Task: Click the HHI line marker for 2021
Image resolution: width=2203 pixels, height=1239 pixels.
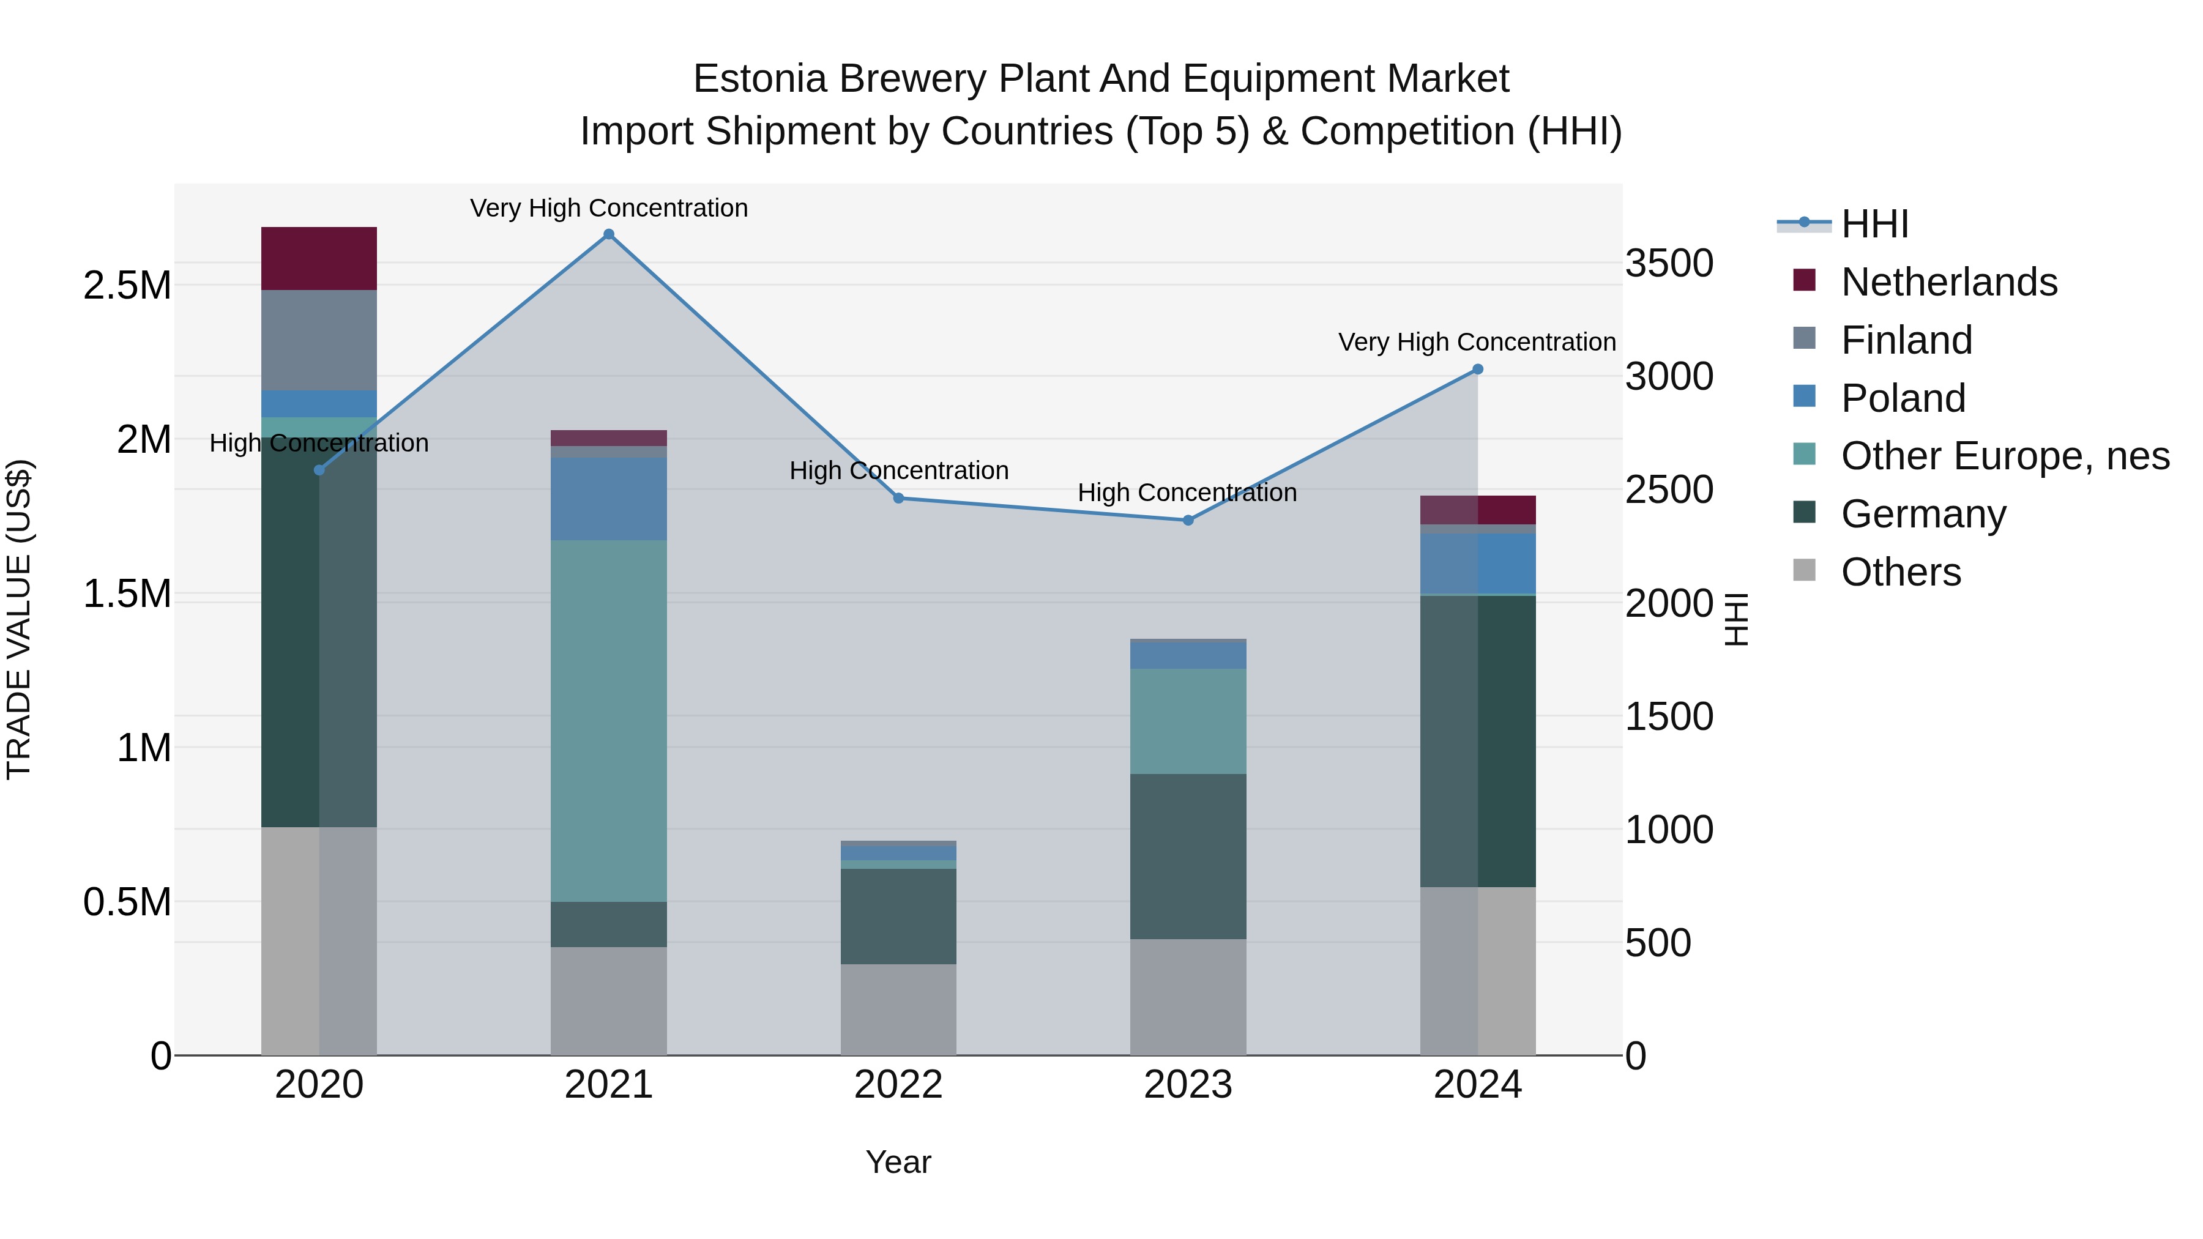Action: pyautogui.click(x=609, y=234)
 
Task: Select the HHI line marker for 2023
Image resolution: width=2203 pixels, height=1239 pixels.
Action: pyautogui.click(x=1188, y=520)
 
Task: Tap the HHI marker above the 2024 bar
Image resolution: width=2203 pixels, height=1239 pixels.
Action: pyautogui.click(x=1477, y=370)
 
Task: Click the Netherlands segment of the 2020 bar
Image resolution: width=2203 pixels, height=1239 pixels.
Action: pyautogui.click(x=319, y=258)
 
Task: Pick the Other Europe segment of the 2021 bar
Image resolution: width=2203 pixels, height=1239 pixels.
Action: pyautogui.click(x=609, y=720)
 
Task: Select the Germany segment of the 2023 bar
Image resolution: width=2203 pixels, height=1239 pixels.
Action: pyautogui.click(x=1188, y=856)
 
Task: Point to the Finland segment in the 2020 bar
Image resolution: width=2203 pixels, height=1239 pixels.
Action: pyautogui.click(x=319, y=340)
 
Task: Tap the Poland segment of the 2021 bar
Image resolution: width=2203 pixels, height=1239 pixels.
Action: pyautogui.click(x=609, y=499)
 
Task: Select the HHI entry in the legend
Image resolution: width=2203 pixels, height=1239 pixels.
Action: pyautogui.click(x=1874, y=224)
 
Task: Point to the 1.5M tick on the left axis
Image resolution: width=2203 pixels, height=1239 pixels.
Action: pyautogui.click(x=127, y=593)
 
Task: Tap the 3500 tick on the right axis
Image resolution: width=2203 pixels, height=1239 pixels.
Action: pyautogui.click(x=1669, y=263)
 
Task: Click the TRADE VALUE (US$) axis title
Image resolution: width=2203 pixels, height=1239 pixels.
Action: pyautogui.click(x=19, y=619)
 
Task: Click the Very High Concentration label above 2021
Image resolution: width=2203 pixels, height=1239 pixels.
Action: pyautogui.click(x=609, y=208)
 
